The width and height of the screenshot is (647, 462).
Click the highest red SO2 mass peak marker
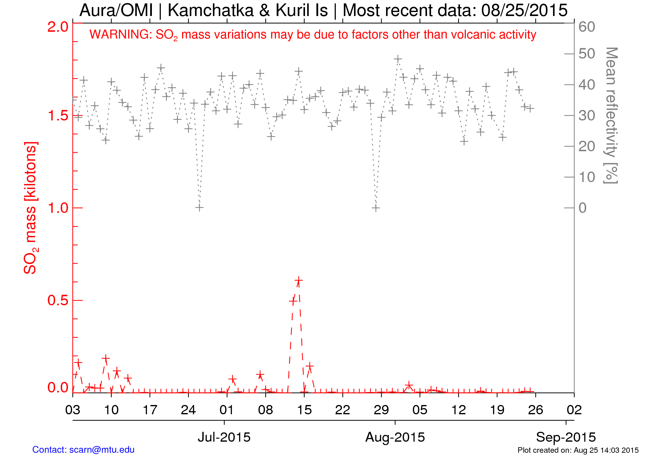(298, 281)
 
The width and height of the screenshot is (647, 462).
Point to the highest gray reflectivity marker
(398, 59)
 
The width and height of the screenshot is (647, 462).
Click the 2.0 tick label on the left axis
(58, 27)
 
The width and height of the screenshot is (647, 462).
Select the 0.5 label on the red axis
(58, 301)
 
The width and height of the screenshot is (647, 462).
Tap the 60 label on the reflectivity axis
(587, 27)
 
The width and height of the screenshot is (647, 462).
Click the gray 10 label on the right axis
(587, 177)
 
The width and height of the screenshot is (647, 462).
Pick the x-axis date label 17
(150, 410)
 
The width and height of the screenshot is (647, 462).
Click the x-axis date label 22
(343, 410)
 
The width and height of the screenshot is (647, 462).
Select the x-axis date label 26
(535, 410)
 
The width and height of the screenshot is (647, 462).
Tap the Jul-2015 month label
(224, 437)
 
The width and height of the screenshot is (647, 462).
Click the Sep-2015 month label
(566, 437)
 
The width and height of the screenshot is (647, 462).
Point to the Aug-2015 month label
(395, 437)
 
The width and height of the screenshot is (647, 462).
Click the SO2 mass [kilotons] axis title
(31, 208)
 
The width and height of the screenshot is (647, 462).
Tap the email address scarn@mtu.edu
(102, 450)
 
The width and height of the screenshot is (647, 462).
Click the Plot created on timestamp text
(578, 450)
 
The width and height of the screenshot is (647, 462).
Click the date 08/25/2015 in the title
(524, 10)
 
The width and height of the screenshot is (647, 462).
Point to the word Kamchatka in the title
(211, 10)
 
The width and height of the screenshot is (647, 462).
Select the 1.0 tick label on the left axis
(58, 208)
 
